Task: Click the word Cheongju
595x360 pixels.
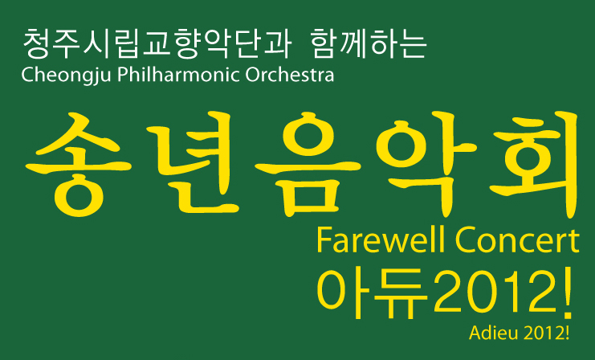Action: click(67, 76)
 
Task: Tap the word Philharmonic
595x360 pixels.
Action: click(178, 75)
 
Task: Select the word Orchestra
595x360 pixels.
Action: click(290, 76)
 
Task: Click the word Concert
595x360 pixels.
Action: click(518, 240)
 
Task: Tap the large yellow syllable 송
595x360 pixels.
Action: click(79, 165)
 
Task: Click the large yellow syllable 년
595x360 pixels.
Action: click(192, 162)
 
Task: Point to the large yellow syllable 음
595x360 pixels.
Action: click(308, 165)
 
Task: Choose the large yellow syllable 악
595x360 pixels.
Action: click(426, 164)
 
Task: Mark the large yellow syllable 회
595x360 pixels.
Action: click(534, 164)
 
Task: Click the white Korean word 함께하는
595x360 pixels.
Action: click(369, 44)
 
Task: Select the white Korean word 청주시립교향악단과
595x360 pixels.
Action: click(157, 44)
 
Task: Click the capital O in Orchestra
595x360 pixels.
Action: click(252, 76)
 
